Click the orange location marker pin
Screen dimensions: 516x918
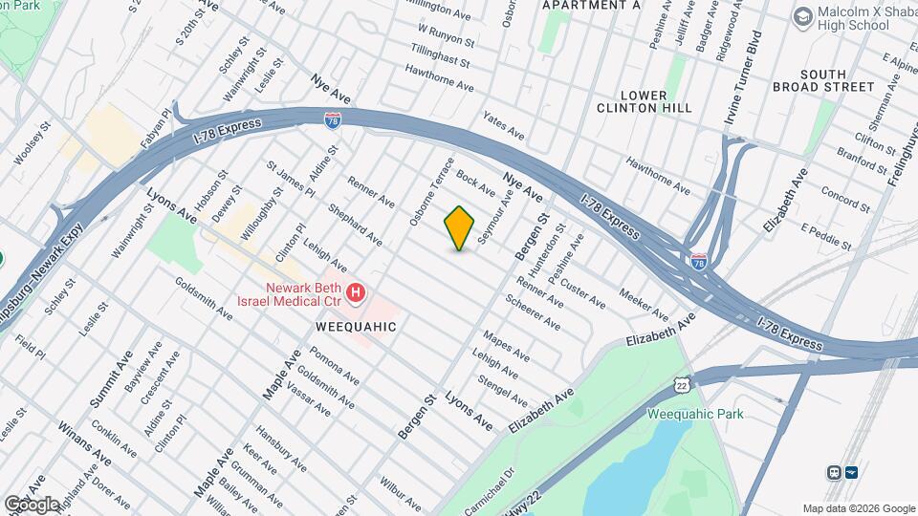pos(459,228)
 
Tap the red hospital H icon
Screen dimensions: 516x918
pos(355,292)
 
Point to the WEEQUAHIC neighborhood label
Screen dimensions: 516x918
pos(355,327)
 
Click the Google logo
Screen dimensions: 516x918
pos(31,504)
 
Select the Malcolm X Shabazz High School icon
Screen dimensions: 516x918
pos(801,16)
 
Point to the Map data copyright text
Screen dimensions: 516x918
pos(858,508)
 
